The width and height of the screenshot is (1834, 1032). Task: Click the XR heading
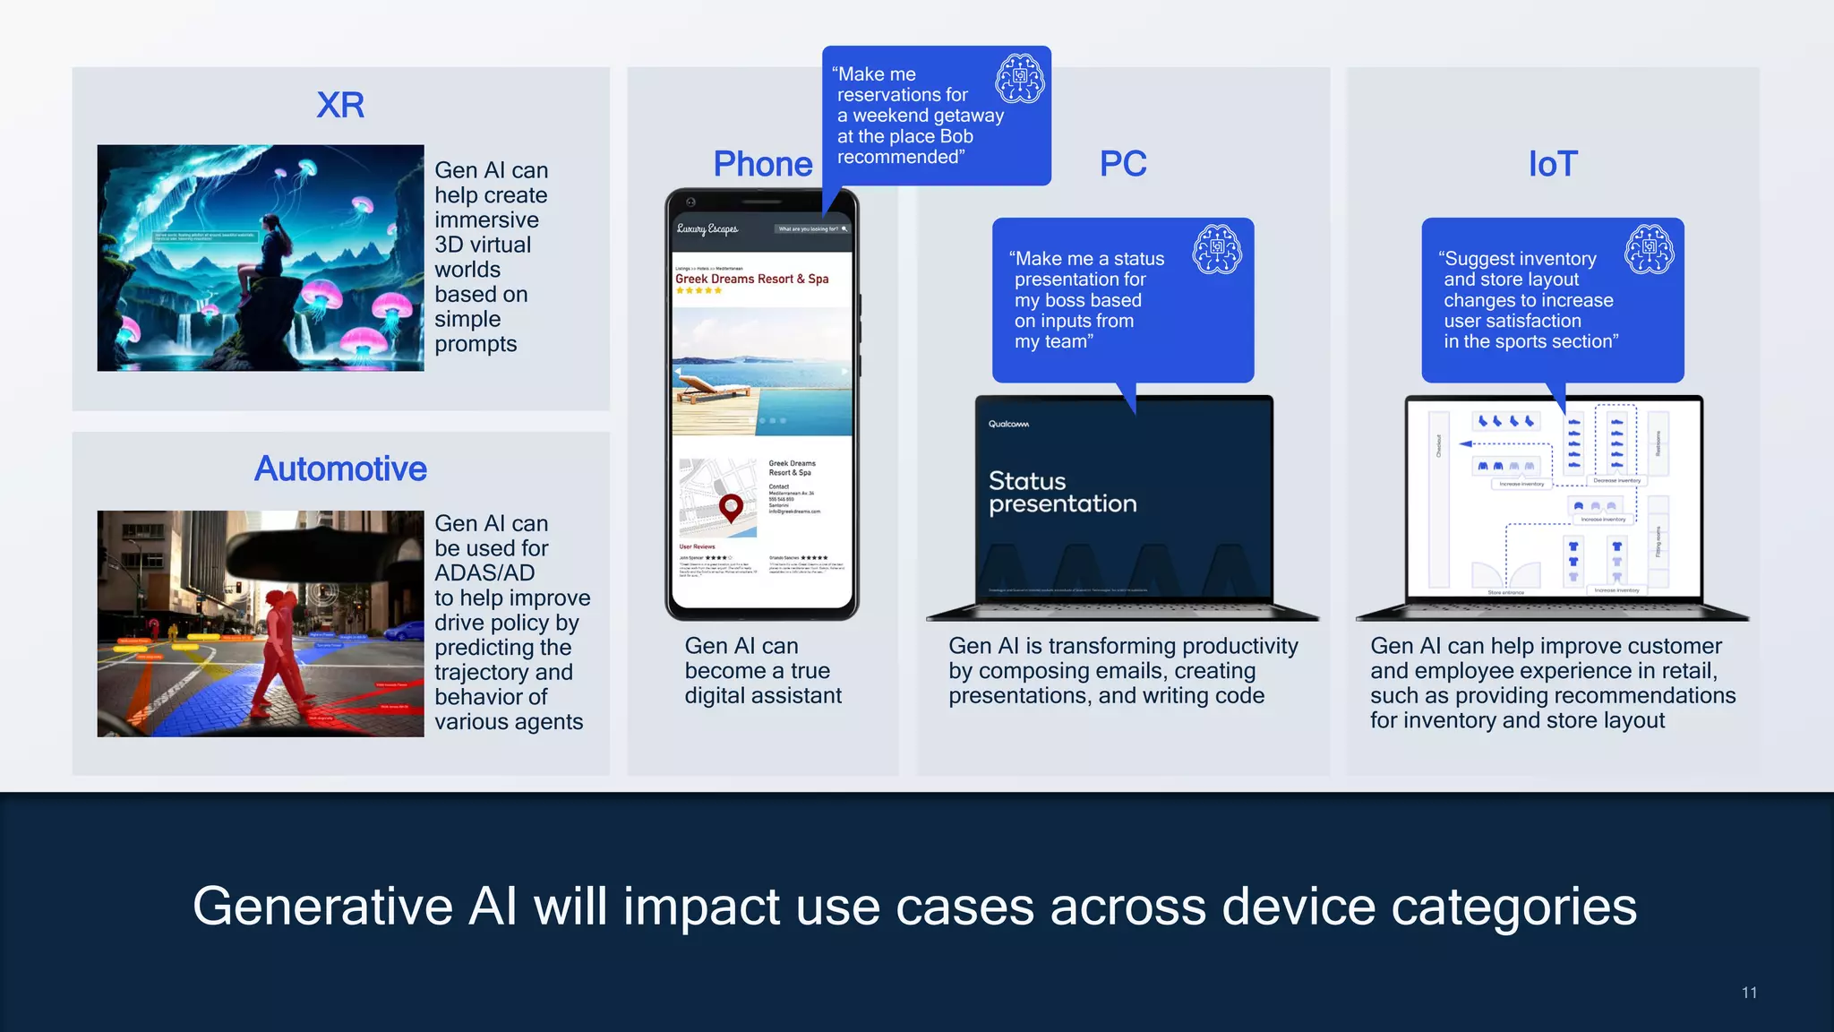(340, 106)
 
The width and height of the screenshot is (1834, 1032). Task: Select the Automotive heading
(340, 469)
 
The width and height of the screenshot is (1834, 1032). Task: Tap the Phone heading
(763, 164)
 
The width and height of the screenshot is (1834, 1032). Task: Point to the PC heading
(1123, 164)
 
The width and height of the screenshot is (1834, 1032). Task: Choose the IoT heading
(1553, 164)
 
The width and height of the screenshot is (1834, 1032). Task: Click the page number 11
(1749, 993)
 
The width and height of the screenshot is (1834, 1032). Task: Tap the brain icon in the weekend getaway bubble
(1020, 79)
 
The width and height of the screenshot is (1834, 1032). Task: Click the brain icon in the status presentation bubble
(1217, 249)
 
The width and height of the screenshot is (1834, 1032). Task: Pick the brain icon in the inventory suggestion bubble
(1650, 249)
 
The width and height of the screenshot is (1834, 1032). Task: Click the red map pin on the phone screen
(732, 507)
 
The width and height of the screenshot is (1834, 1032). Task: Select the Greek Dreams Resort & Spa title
(752, 279)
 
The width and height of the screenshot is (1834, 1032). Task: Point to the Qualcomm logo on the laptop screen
(1008, 424)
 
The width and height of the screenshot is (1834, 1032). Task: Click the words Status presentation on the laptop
(1063, 492)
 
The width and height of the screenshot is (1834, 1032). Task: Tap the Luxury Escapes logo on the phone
(707, 228)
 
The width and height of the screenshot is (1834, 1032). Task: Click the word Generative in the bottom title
(322, 907)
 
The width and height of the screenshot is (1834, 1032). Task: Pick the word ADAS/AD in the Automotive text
(484, 573)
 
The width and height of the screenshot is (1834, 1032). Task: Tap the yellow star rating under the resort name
(699, 291)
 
